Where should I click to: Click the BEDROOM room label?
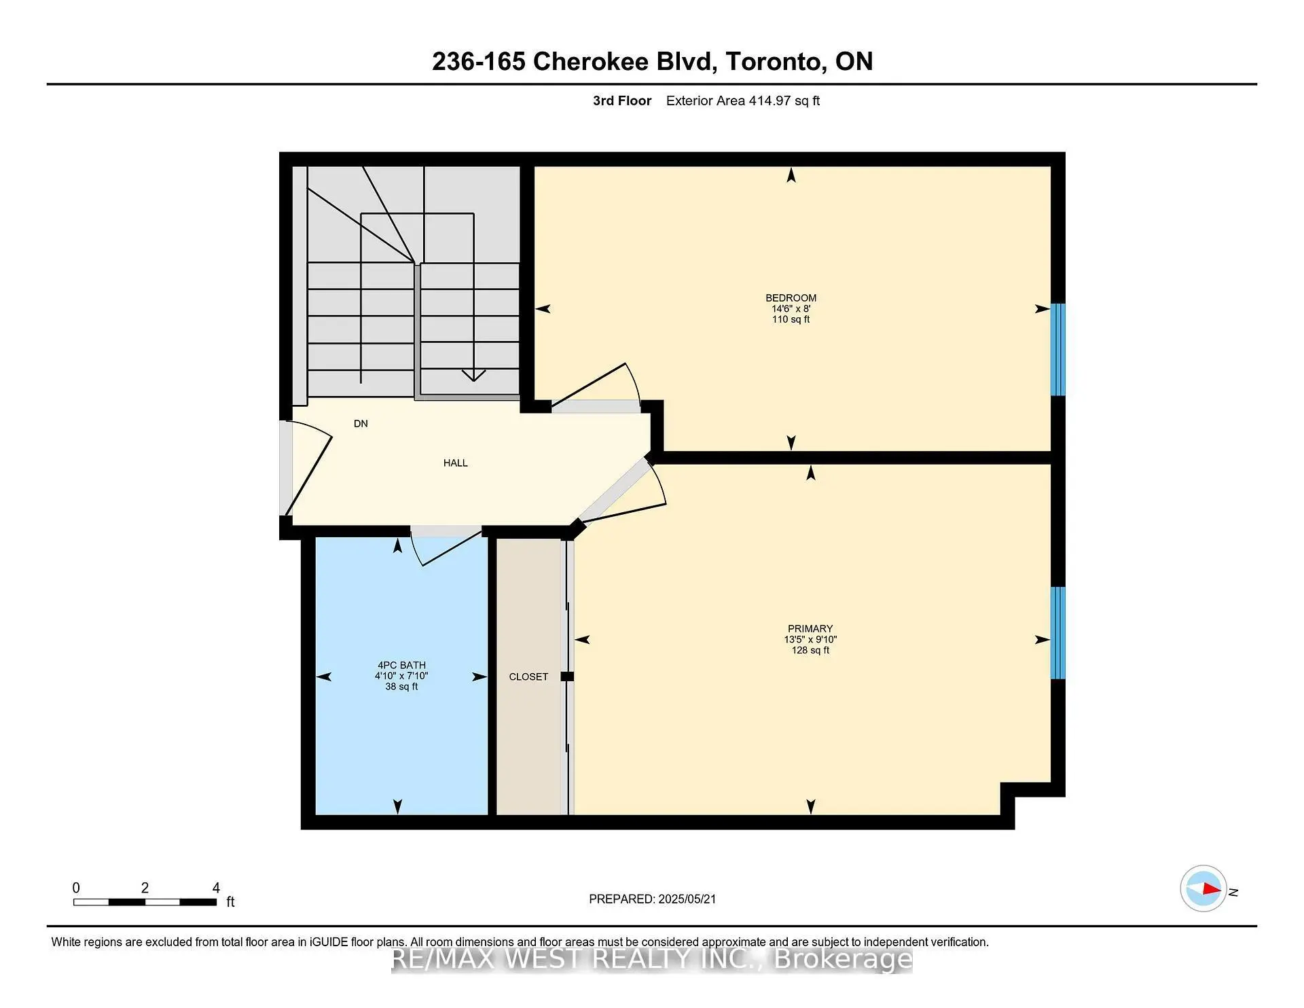click(791, 298)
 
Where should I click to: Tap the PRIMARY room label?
click(810, 628)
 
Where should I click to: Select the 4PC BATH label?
click(401, 665)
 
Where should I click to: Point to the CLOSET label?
click(528, 677)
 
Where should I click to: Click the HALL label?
click(455, 463)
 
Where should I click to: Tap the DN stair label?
click(361, 423)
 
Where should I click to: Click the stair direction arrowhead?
click(473, 375)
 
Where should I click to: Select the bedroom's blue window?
click(1058, 349)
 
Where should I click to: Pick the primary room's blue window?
click(1058, 632)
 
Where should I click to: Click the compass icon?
click(1203, 888)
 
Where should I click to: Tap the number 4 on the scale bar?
click(216, 887)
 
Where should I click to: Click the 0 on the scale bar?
click(76, 887)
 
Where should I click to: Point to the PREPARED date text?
click(652, 899)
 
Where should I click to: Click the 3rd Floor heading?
click(622, 101)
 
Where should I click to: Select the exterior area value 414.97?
click(769, 101)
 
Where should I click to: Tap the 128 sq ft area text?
click(810, 650)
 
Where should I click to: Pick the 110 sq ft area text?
click(791, 319)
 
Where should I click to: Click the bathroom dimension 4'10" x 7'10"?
click(401, 676)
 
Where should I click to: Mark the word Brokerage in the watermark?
click(843, 959)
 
